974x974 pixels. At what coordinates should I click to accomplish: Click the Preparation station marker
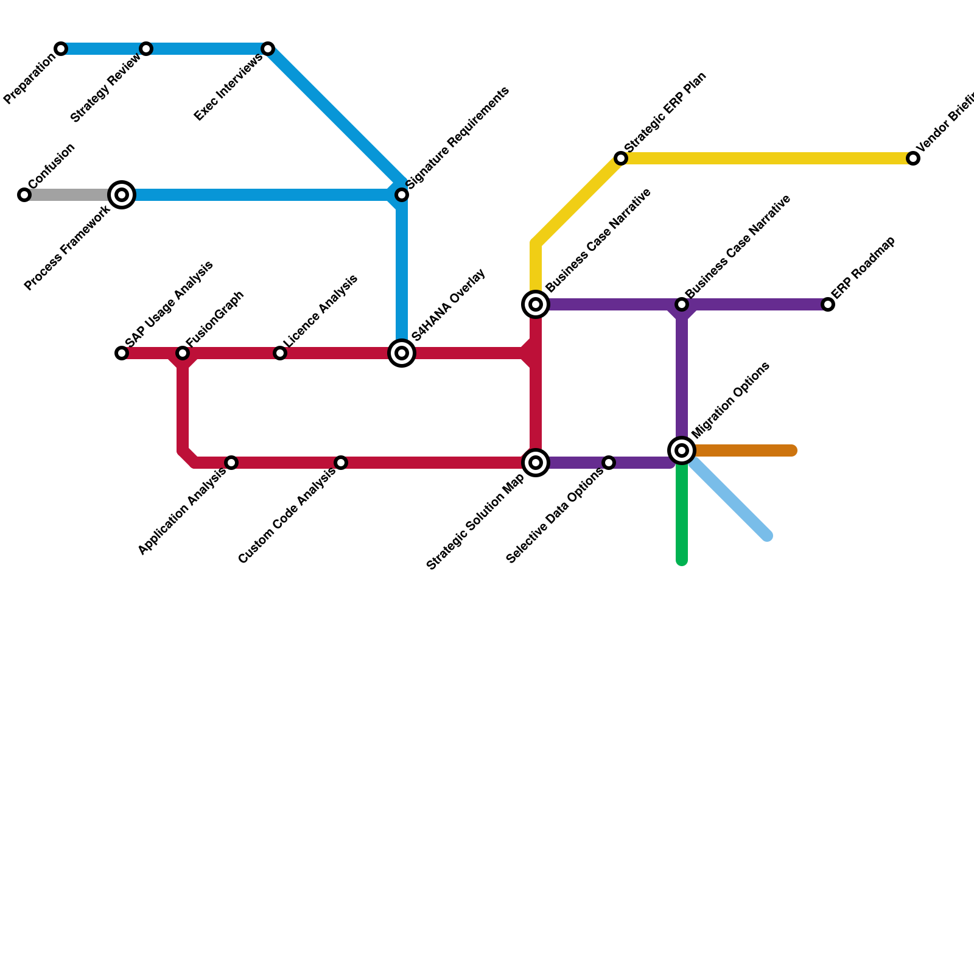pos(61,49)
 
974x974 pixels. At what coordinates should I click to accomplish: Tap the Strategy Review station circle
pos(146,49)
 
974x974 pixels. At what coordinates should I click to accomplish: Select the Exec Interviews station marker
pos(268,49)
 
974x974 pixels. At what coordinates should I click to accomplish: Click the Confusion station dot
pos(24,195)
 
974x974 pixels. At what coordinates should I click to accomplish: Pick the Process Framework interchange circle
pos(122,195)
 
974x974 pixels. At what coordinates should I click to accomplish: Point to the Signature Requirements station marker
pos(402,195)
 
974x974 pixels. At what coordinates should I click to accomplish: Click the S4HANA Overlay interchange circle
pos(402,353)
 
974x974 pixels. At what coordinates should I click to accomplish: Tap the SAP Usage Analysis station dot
pos(122,353)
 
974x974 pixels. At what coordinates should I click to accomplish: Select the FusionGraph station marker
pos(183,353)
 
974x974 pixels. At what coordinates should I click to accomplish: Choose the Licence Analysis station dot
pos(280,353)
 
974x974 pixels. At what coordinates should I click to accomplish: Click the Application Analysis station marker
pos(231,463)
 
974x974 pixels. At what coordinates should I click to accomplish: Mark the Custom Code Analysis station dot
pos(341,463)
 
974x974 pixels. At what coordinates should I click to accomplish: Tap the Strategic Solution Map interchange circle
pos(536,463)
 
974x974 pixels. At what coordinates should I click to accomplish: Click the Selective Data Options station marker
pos(609,463)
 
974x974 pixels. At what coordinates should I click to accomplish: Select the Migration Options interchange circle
pos(682,450)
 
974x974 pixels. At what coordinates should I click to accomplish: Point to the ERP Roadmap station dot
pos(828,304)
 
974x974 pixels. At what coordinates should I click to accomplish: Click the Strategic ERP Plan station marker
pos(621,158)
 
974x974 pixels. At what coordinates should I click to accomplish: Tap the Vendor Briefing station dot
pos(913,158)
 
